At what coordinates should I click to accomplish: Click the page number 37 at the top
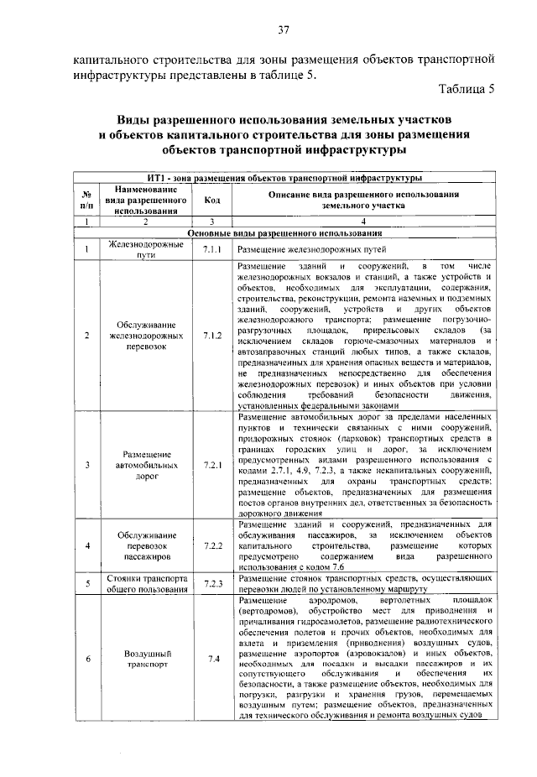284,31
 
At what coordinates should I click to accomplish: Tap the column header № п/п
86,200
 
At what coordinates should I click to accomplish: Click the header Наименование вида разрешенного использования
144,200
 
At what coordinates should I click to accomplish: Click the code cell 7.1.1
211,250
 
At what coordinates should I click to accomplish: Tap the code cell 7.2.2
211,545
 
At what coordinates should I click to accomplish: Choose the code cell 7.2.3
211,584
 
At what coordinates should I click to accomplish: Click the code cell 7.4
213,658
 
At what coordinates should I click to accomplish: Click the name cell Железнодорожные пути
144,249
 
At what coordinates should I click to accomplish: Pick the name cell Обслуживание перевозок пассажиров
144,545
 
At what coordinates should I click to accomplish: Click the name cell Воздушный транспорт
144,658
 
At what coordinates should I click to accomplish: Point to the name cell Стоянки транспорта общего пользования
144,584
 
